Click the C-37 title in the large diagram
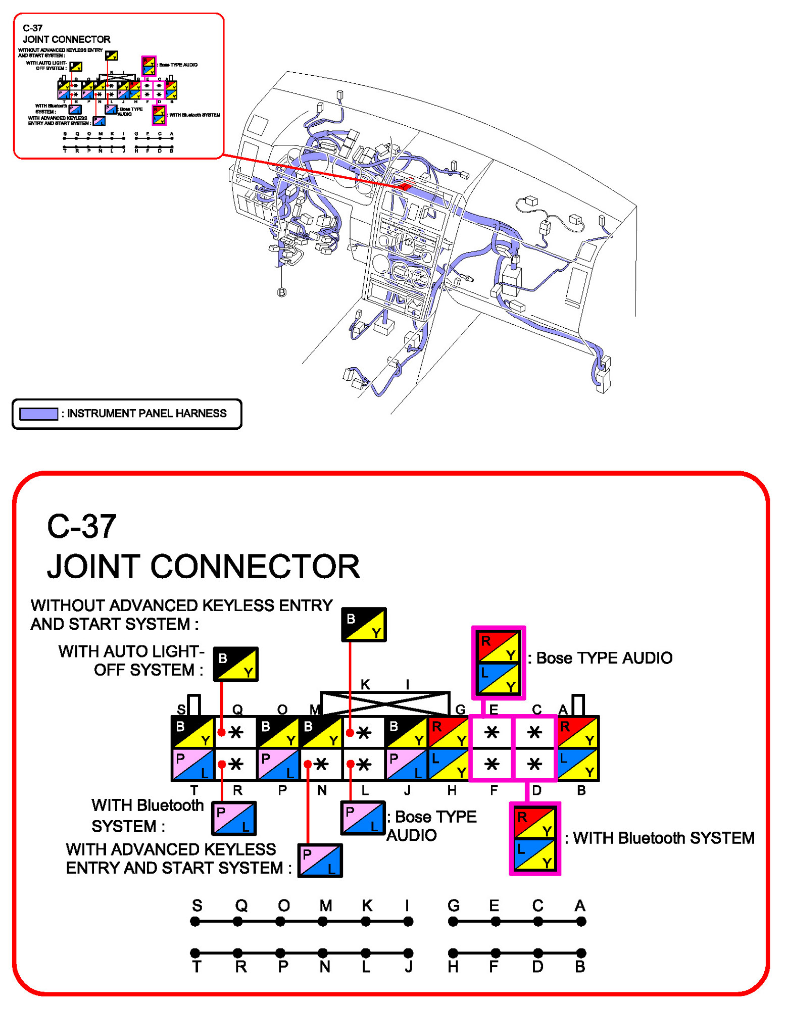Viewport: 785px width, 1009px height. [x=82, y=526]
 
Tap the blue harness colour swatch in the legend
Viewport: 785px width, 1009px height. [x=38, y=414]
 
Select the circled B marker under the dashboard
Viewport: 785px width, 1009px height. [x=282, y=292]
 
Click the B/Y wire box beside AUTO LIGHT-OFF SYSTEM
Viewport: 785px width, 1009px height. [x=235, y=664]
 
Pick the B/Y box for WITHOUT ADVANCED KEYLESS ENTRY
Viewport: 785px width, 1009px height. [x=364, y=625]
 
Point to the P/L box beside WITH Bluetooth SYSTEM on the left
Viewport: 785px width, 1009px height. [x=234, y=818]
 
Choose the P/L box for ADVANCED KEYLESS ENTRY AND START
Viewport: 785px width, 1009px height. [x=320, y=861]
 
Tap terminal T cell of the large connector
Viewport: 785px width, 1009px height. [x=193, y=764]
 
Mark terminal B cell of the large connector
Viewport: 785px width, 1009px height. [x=577, y=764]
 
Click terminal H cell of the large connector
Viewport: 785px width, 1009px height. [x=449, y=764]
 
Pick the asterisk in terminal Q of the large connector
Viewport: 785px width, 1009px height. [x=236, y=732]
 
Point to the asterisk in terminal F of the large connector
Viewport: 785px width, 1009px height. [x=492, y=764]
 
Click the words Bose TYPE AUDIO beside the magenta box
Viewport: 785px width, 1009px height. [x=604, y=658]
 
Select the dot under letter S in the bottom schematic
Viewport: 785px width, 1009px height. [x=195, y=922]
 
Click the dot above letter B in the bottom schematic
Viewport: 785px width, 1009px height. [x=581, y=953]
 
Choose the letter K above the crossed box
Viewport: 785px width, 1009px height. [x=365, y=684]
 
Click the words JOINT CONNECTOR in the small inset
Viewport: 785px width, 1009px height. [x=66, y=39]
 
